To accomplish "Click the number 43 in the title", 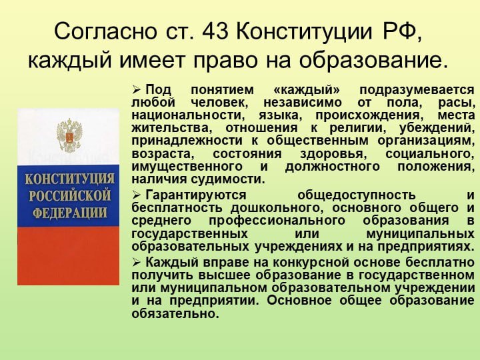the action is pyautogui.click(x=215, y=31).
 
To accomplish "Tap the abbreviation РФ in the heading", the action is pyautogui.click(x=402, y=31).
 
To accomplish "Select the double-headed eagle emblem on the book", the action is pyautogui.click(x=69, y=135).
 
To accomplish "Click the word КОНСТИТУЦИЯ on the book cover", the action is pyautogui.click(x=69, y=179).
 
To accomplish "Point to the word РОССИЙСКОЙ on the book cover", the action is pyautogui.click(x=69, y=196).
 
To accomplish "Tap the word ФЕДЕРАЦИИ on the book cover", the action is pyautogui.click(x=69, y=213).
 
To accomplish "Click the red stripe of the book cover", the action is pyautogui.click(x=68, y=255).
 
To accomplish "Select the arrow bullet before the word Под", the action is pyautogui.click(x=136, y=90).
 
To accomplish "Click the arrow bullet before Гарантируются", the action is pyautogui.click(x=136, y=195).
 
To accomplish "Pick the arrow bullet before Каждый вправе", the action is pyautogui.click(x=136, y=263).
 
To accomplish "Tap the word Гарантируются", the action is pyautogui.click(x=196, y=195).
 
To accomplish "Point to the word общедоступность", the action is pyautogui.click(x=356, y=195).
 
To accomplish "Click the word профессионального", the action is pyautogui.click(x=277, y=221).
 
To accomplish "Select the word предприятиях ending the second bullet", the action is pyautogui.click(x=426, y=247).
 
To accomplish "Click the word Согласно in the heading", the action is pyautogui.click(x=105, y=31).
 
